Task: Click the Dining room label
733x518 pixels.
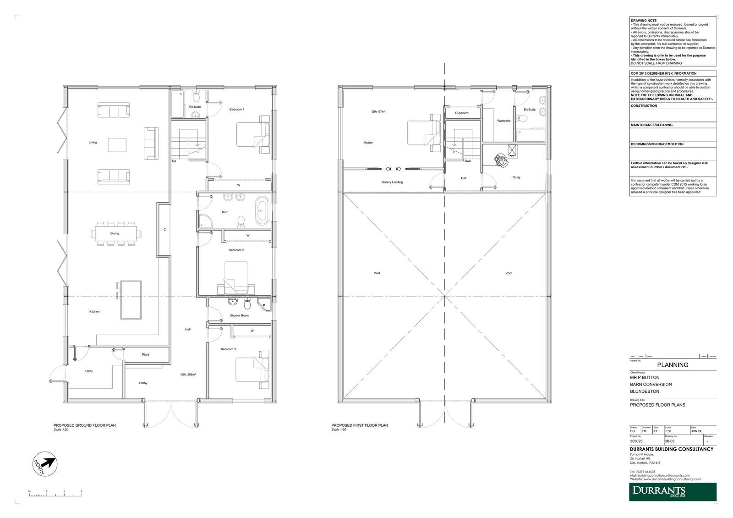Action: coord(115,233)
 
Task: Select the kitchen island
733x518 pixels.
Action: coord(131,299)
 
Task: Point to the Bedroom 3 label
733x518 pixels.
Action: coord(228,349)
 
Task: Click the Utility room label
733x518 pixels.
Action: coord(89,371)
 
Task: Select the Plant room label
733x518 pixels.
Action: coord(146,354)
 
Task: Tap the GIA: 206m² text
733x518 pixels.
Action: coord(188,375)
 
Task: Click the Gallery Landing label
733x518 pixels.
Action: coord(392,182)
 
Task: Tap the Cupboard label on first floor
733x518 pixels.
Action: coord(462,113)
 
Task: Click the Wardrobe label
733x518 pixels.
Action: coord(503,121)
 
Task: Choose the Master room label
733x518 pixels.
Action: coord(368,143)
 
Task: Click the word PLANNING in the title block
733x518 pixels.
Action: coord(673,365)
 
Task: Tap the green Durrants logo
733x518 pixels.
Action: coord(672,492)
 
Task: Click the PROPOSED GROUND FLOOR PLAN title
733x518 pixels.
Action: coord(85,425)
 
